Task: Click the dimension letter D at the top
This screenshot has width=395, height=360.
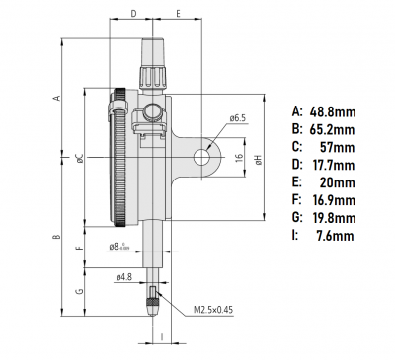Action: pyautogui.click(x=132, y=16)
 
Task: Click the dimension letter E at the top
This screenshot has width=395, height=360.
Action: pyautogui.click(x=178, y=16)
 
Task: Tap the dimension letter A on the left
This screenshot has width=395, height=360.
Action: pyautogui.click(x=58, y=98)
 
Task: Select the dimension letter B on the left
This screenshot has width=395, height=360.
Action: pyautogui.click(x=58, y=238)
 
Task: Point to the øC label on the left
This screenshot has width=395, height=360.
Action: pyautogui.click(x=77, y=159)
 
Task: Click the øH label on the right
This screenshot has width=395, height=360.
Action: pyautogui.click(x=256, y=159)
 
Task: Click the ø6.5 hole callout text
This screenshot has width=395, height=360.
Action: pyautogui.click(x=236, y=118)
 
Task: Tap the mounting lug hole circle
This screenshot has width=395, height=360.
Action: pyautogui.click(x=202, y=157)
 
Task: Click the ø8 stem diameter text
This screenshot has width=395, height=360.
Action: pyautogui.click(x=119, y=247)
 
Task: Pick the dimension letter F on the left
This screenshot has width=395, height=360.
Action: pyautogui.click(x=79, y=248)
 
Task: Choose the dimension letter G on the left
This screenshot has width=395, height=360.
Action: pyautogui.click(x=79, y=292)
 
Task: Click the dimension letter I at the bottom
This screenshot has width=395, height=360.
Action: pyautogui.click(x=158, y=336)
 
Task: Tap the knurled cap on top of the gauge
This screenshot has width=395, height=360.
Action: pyautogui.click(x=155, y=60)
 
